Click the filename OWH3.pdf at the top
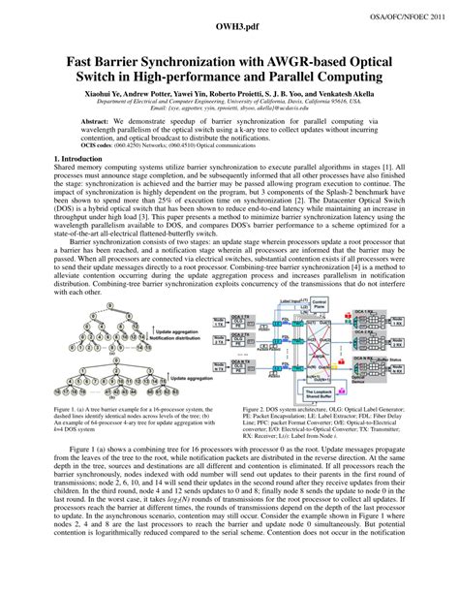point(229,31)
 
